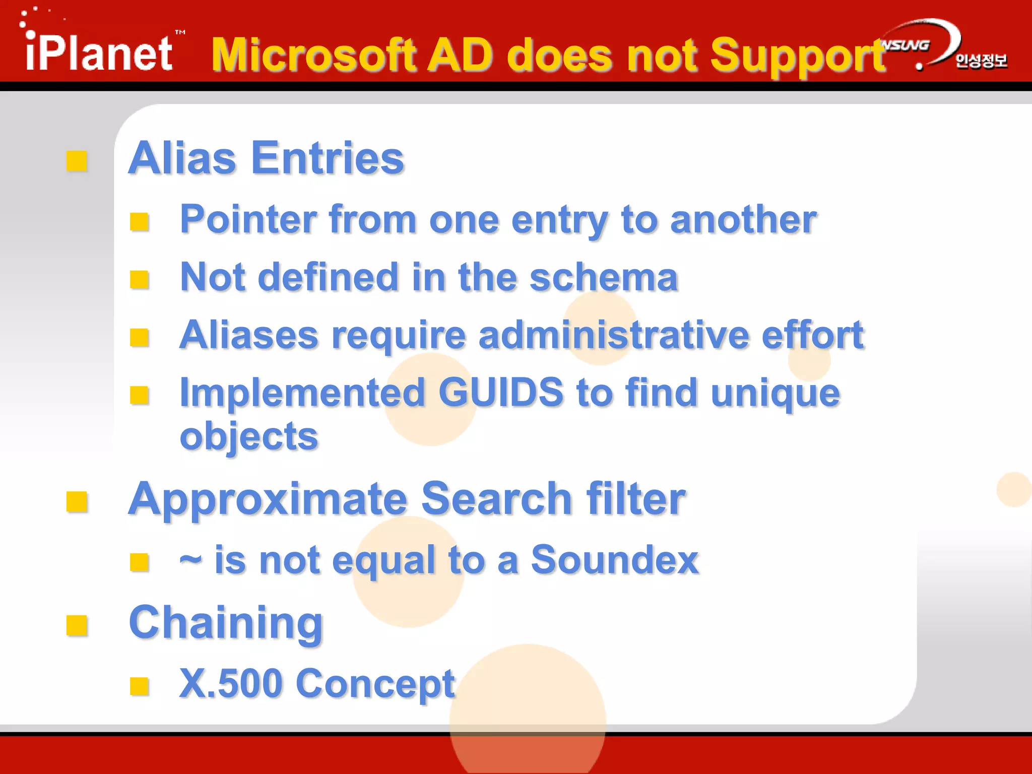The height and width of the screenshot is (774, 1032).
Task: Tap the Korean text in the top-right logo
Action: [x=981, y=61]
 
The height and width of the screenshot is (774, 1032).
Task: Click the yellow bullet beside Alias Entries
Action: [x=77, y=161]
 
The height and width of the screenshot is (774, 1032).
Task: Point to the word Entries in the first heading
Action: [x=327, y=158]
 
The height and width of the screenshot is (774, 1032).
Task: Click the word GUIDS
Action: [x=501, y=393]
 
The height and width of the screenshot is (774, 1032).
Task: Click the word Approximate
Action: [x=268, y=499]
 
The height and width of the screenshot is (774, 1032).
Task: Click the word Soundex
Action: [x=615, y=560]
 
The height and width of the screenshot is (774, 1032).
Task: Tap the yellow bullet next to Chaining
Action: [x=77, y=626]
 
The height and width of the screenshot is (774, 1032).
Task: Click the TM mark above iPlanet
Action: [x=180, y=32]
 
